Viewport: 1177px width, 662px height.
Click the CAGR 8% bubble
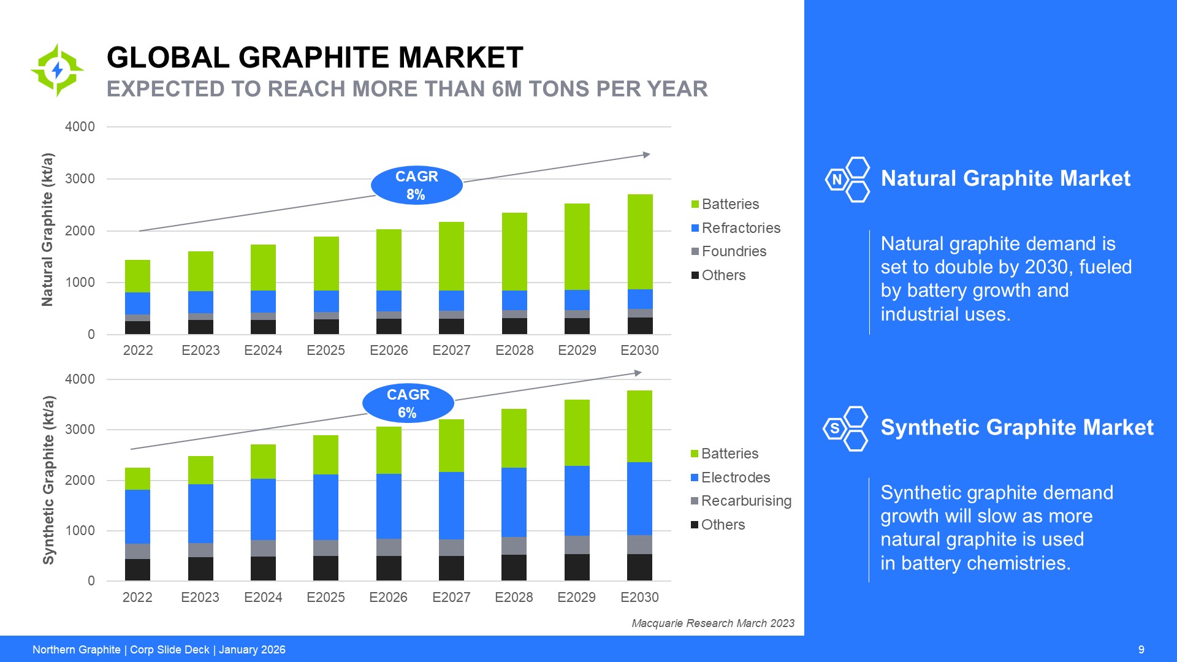(416, 185)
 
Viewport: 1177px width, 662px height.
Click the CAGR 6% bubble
(408, 403)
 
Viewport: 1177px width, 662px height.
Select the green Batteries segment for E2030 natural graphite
(640, 242)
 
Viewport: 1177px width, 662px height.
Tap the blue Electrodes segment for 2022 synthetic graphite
(137, 516)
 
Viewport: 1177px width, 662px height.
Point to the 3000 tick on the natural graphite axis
(80, 179)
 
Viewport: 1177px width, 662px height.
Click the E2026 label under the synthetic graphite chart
(388, 597)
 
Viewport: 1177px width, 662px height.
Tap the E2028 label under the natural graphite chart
(514, 350)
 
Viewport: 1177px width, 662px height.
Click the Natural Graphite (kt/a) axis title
(48, 229)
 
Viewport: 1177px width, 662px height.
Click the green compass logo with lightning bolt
(58, 70)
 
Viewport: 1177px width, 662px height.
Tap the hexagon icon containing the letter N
(836, 180)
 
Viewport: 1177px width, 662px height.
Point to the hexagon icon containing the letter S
(834, 428)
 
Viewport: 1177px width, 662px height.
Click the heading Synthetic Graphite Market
(1016, 427)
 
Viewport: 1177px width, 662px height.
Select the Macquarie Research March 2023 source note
(712, 623)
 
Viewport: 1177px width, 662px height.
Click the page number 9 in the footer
(1141, 650)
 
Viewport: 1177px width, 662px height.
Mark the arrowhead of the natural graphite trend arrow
(646, 154)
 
